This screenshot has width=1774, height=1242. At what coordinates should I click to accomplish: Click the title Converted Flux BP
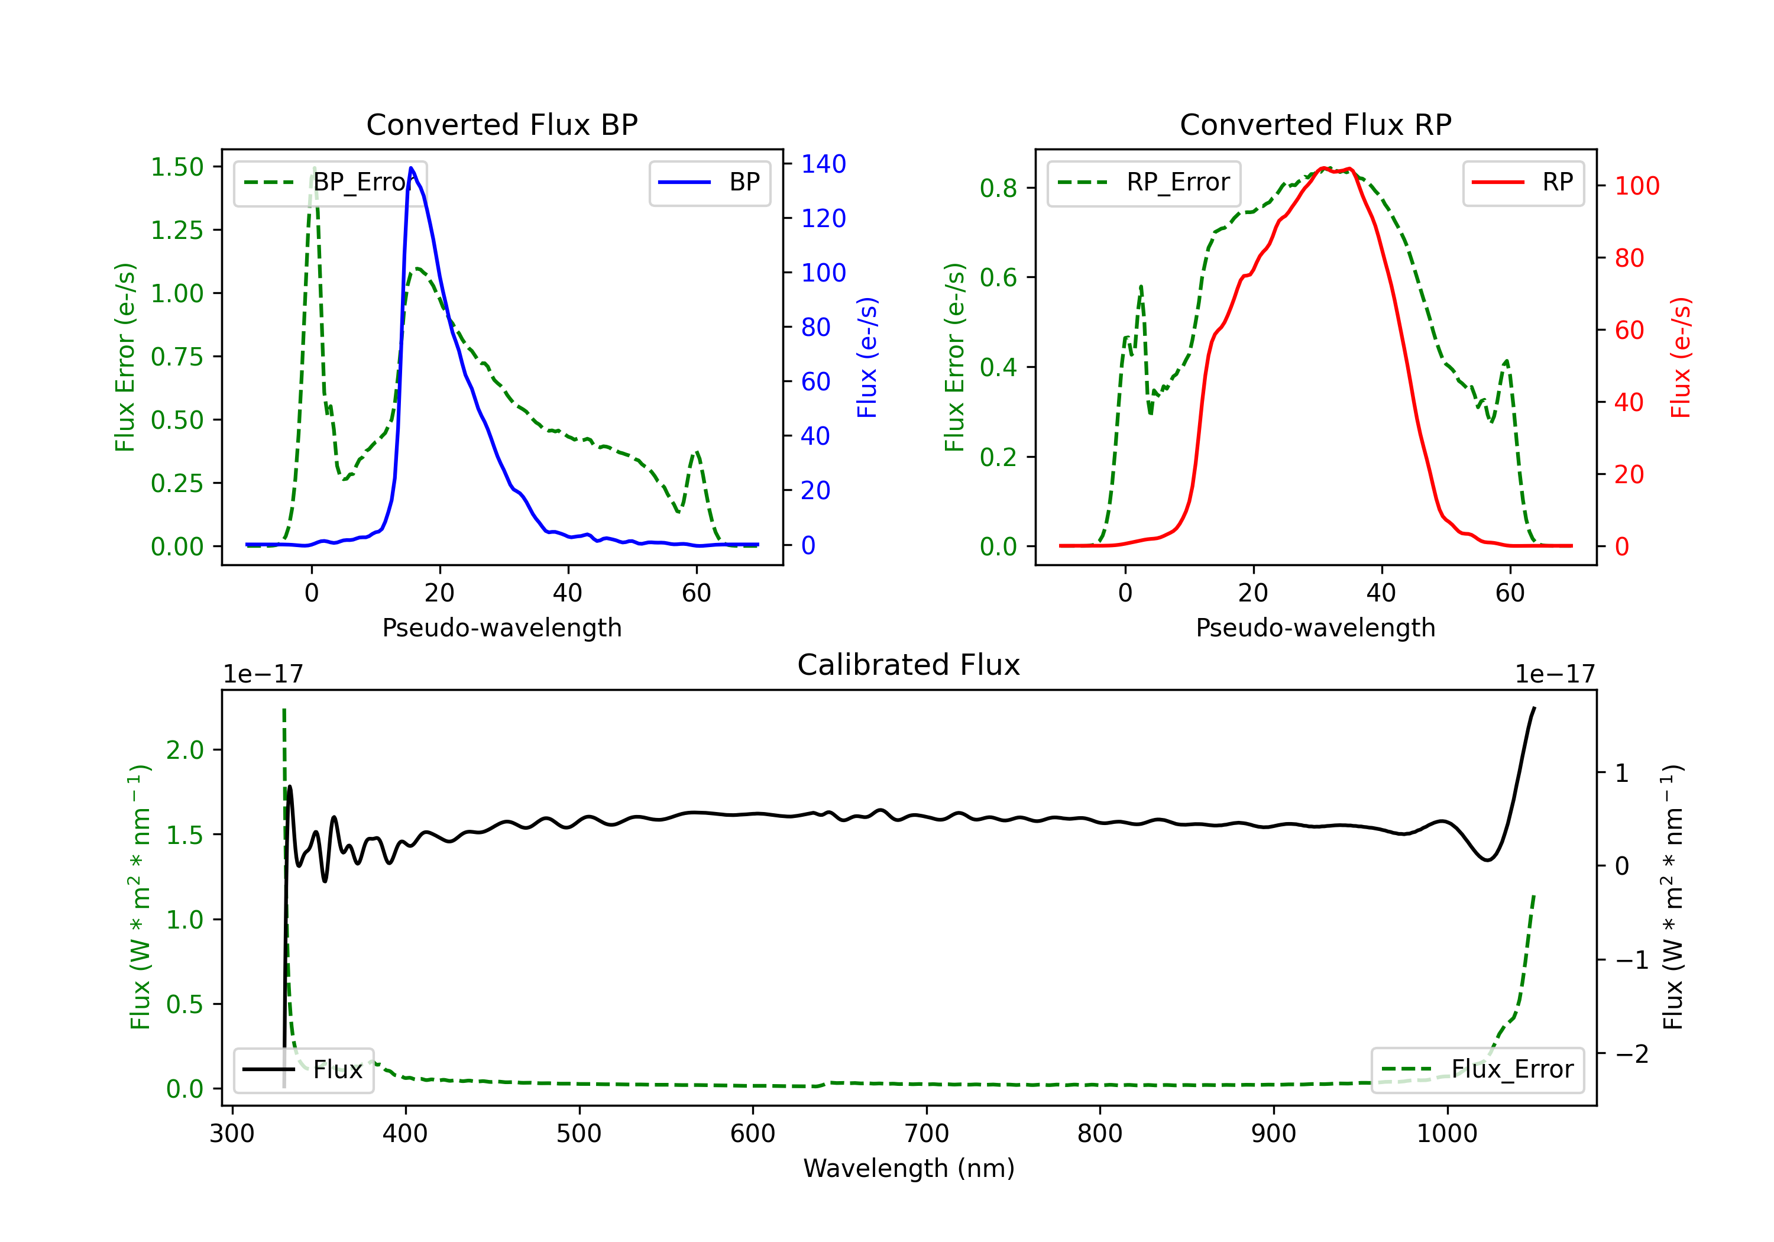click(501, 124)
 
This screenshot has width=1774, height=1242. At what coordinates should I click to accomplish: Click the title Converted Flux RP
click(1315, 124)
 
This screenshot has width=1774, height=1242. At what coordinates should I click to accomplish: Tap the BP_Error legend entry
click(330, 182)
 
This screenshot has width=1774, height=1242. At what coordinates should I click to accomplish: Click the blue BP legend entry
click(709, 182)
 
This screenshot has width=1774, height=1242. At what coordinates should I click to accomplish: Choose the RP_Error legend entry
click(1144, 182)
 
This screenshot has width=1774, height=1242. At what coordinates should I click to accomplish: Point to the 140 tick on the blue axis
click(823, 164)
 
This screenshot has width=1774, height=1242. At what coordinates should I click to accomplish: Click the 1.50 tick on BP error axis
click(177, 167)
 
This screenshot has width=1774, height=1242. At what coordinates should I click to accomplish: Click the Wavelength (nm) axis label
click(909, 1168)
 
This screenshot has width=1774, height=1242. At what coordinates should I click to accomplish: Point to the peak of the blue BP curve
click(411, 168)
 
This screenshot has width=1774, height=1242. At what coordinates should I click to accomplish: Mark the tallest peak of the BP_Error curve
click(313, 168)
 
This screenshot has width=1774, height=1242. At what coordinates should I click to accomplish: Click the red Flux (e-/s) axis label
click(1681, 357)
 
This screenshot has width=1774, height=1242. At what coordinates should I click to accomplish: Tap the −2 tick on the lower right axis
click(1631, 1053)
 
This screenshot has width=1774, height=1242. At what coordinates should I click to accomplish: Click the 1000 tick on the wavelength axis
click(1446, 1134)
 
